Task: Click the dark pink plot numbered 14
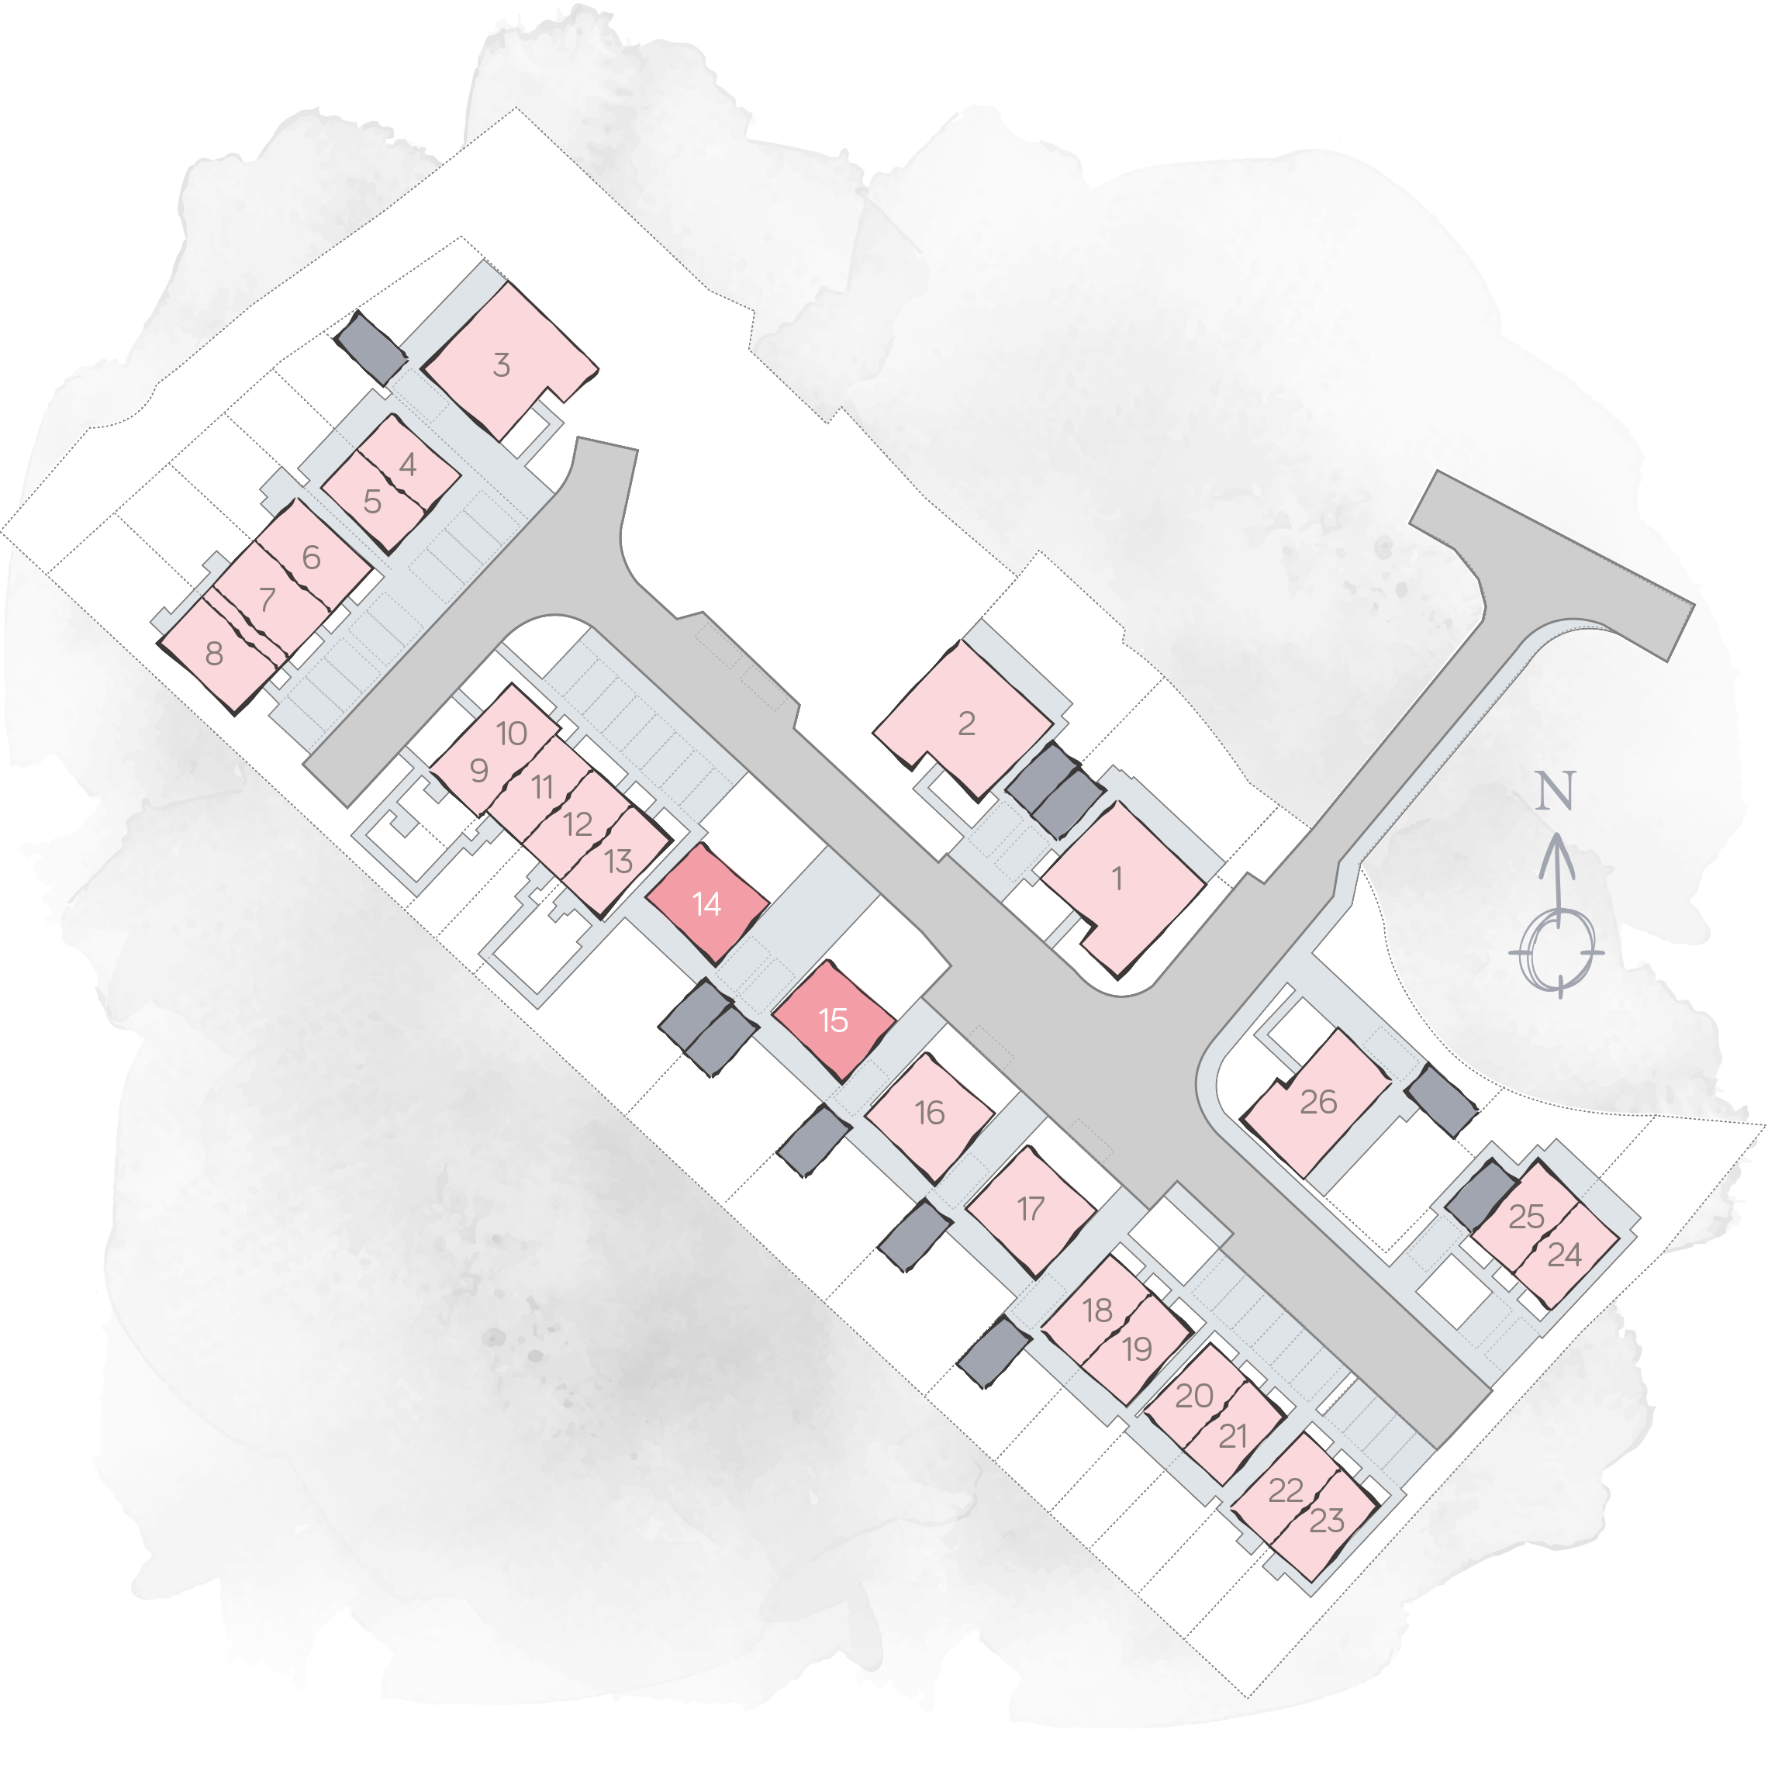pos(706,903)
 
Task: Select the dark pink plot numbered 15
pos(833,1020)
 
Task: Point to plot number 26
pos(1316,1103)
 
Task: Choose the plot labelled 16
pos(929,1117)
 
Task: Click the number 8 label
pos(214,654)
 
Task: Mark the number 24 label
pos(1564,1254)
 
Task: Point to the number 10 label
pos(512,733)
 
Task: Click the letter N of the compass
pos(1555,791)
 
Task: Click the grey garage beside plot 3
pos(371,347)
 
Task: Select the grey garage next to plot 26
pos(1442,1100)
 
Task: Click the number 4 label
pos(408,465)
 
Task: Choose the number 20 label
pos(1194,1396)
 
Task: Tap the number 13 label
pos(619,861)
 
